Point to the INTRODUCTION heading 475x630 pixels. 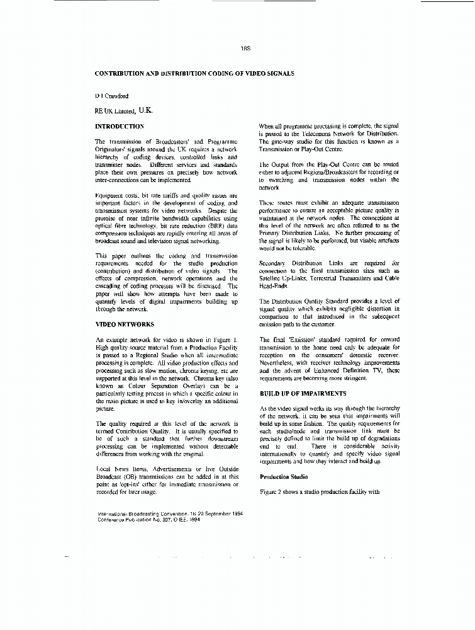tap(120, 126)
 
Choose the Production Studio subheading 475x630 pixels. tap(284, 477)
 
